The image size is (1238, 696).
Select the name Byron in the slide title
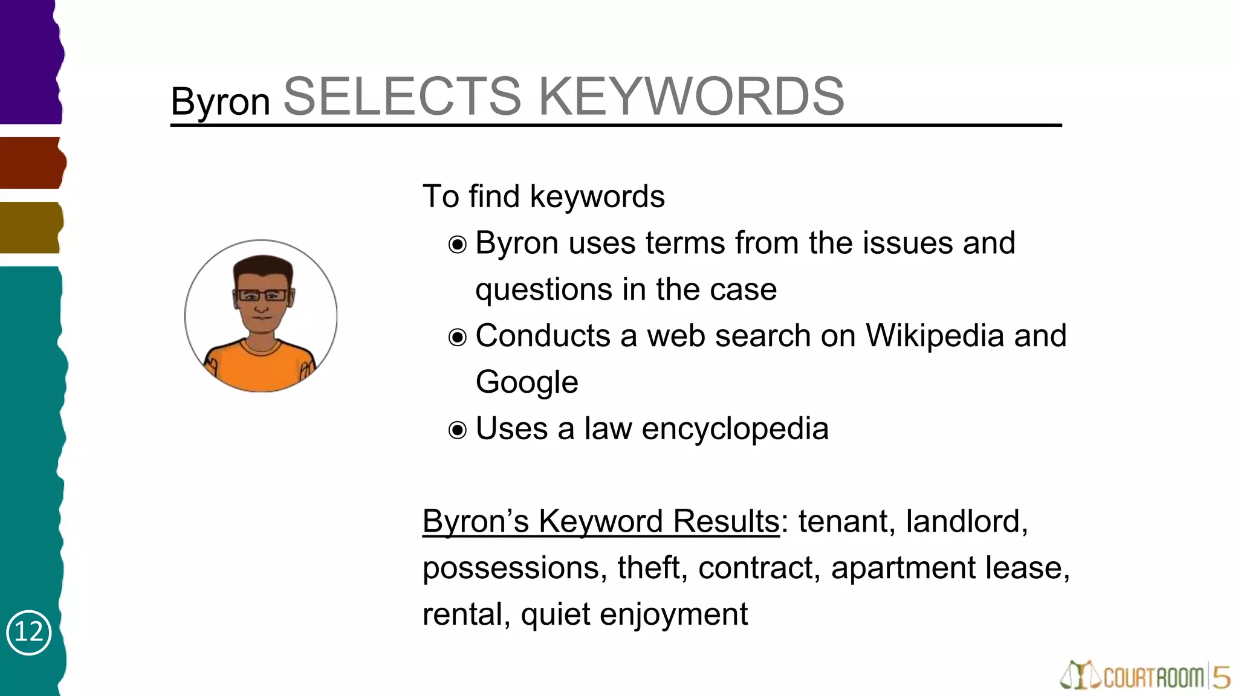[x=220, y=101]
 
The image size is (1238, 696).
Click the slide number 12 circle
[x=28, y=632]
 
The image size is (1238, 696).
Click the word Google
[x=527, y=382]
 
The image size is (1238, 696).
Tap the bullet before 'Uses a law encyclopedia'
[x=458, y=430]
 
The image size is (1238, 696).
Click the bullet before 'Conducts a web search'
[x=458, y=337]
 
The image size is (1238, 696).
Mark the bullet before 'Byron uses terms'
[x=458, y=245]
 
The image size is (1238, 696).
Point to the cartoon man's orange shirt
[x=260, y=369]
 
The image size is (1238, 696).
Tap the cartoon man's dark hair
[x=262, y=266]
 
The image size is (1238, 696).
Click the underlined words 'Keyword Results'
[x=659, y=521]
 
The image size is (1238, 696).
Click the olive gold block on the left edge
[x=30, y=228]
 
